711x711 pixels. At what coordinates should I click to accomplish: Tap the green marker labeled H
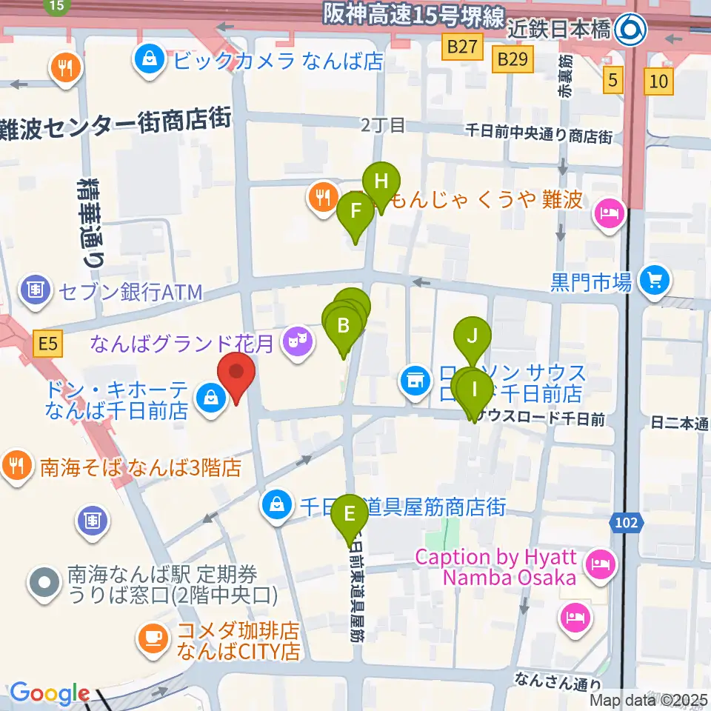pyautogui.click(x=381, y=182)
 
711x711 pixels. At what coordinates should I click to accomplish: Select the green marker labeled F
pyautogui.click(x=355, y=212)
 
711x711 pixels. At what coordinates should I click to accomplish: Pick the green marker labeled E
pyautogui.click(x=349, y=514)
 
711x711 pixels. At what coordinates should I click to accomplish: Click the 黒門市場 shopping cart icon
pyautogui.click(x=655, y=281)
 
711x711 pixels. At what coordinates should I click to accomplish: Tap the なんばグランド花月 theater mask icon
pyautogui.click(x=298, y=341)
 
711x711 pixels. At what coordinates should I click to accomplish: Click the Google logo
pyautogui.click(x=49, y=692)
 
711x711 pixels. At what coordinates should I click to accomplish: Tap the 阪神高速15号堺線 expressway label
pyautogui.click(x=413, y=14)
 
